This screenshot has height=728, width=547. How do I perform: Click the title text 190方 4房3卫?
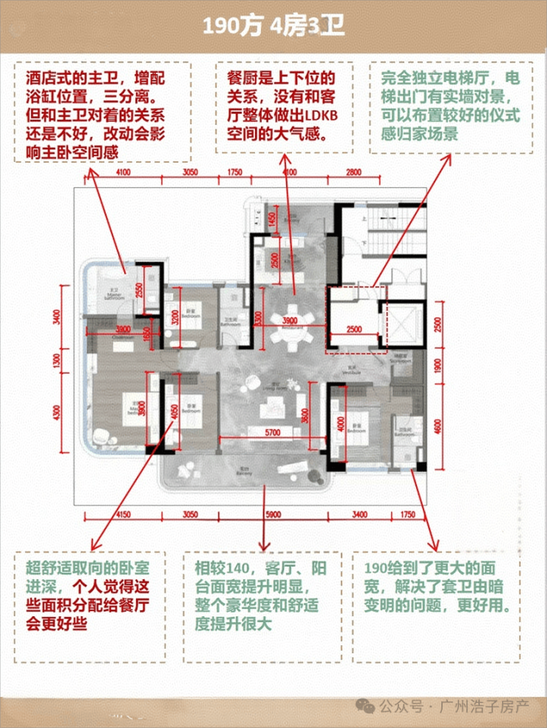pos(273,27)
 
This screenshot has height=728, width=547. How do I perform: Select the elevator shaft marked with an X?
pos(403,324)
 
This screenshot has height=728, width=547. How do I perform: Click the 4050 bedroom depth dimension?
pos(174,414)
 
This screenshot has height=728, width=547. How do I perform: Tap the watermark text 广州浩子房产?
pos(483,707)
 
